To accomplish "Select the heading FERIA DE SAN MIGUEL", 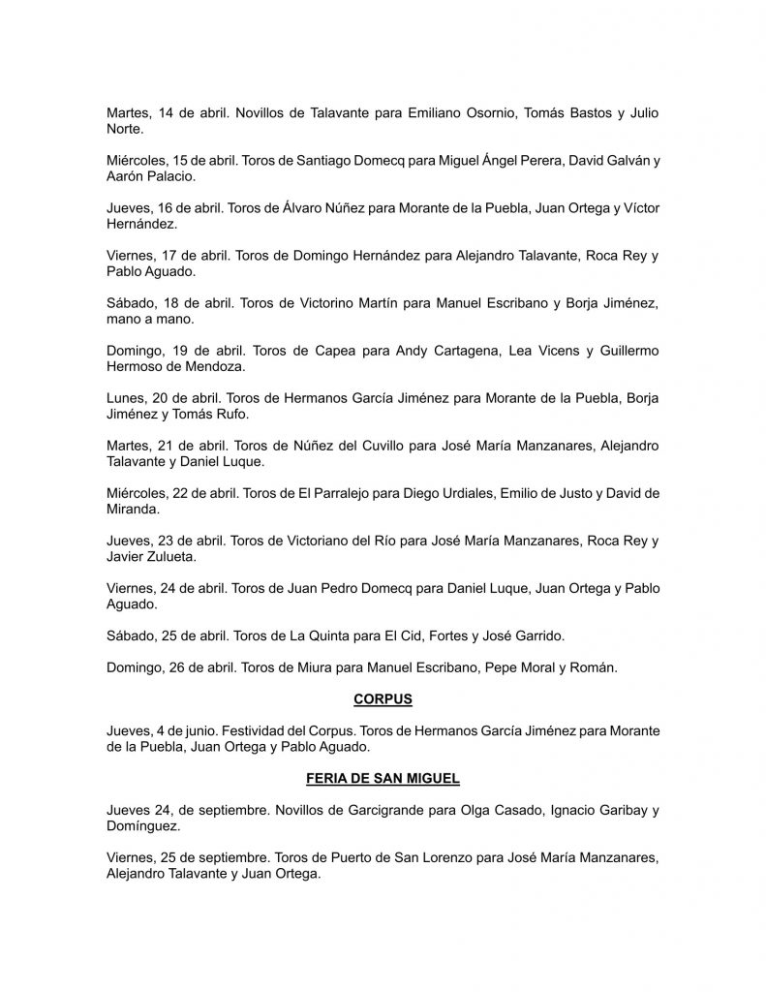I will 383,776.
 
